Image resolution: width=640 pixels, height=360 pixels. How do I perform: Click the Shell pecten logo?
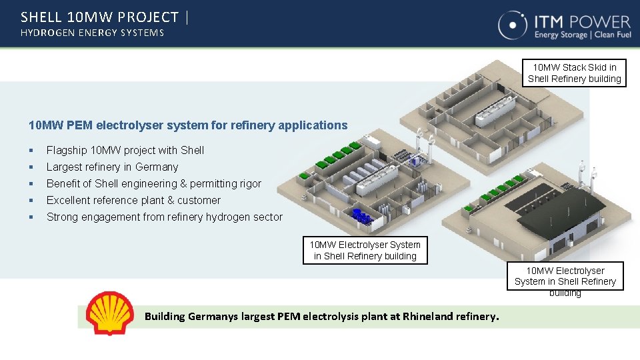click(x=110, y=313)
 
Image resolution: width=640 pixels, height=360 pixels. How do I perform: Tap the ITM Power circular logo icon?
click(x=513, y=25)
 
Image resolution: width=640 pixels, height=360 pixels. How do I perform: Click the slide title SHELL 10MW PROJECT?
click(x=100, y=17)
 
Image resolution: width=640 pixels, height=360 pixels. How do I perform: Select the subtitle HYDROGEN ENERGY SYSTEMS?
click(x=92, y=33)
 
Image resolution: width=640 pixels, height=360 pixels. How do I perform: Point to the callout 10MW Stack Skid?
click(x=574, y=73)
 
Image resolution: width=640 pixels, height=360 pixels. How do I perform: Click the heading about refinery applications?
click(x=188, y=125)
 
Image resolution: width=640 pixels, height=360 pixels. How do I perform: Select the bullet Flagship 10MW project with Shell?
click(x=125, y=150)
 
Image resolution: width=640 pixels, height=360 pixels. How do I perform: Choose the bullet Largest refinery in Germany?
click(x=112, y=167)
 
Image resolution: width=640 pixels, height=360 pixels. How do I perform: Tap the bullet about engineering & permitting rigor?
click(x=154, y=183)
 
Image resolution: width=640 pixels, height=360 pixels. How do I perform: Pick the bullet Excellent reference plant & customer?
click(x=133, y=200)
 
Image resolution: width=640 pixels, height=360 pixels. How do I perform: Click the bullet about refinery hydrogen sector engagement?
click(x=165, y=217)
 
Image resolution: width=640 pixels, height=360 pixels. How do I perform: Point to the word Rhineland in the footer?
click(x=427, y=316)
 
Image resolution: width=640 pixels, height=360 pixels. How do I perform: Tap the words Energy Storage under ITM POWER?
click(x=561, y=35)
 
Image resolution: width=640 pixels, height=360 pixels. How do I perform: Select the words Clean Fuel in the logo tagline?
click(x=612, y=35)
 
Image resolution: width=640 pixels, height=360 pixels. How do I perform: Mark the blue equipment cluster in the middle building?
click(x=362, y=217)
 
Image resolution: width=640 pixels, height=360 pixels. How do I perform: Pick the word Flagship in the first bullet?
click(x=67, y=150)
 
